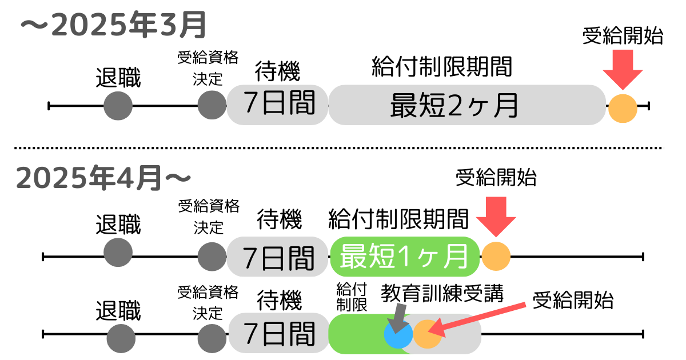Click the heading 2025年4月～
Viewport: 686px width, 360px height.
(103, 178)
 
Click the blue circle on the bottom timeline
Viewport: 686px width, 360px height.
(398, 334)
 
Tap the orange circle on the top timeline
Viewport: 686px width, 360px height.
(623, 107)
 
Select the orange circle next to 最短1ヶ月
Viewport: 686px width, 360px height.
(496, 255)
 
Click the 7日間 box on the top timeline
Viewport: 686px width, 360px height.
(278, 105)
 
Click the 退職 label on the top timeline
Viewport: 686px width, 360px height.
(118, 78)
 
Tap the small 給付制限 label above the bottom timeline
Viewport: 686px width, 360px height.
(351, 297)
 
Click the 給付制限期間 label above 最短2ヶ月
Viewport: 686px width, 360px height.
(441, 67)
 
